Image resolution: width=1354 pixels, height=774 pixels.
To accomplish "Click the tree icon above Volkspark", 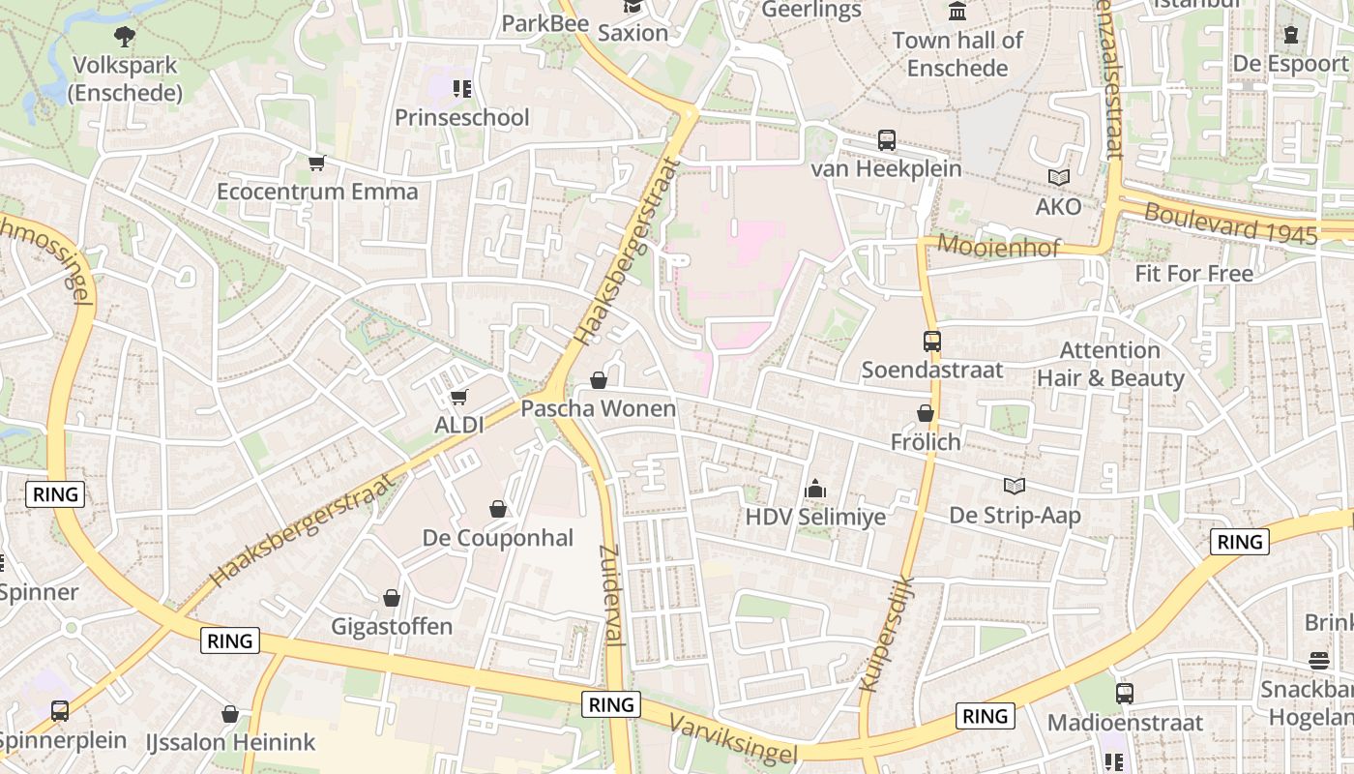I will pyautogui.click(x=124, y=37).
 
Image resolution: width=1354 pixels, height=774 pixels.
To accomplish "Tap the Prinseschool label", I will pyautogui.click(x=462, y=117).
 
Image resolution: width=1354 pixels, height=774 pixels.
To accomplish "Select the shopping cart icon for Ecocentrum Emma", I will pyautogui.click(x=316, y=163).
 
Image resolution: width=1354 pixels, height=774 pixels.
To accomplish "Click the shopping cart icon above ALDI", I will pyautogui.click(x=459, y=397).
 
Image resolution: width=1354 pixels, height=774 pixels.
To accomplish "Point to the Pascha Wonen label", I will pyautogui.click(x=598, y=408).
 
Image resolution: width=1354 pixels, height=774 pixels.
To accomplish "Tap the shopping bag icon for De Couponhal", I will pyautogui.click(x=498, y=509).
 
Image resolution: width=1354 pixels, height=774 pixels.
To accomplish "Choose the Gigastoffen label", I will pyautogui.click(x=392, y=626).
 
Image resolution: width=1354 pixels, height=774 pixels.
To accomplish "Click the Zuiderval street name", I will pyautogui.click(x=611, y=594).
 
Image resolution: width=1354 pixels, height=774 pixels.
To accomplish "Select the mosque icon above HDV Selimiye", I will pyautogui.click(x=815, y=489).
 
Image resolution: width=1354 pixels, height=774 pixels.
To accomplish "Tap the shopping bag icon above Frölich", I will pyautogui.click(x=926, y=413).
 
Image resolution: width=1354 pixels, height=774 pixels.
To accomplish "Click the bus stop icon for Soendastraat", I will pyautogui.click(x=931, y=341).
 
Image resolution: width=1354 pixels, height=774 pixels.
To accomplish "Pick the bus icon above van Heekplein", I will pyautogui.click(x=886, y=140).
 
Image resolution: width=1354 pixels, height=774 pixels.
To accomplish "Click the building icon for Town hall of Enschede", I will pyautogui.click(x=957, y=12).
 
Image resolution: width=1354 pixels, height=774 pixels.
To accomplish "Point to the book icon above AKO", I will pyautogui.click(x=1059, y=178).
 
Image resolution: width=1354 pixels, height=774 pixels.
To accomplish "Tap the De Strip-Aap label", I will pyautogui.click(x=1015, y=515).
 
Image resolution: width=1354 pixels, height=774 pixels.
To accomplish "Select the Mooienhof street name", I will pyautogui.click(x=998, y=247).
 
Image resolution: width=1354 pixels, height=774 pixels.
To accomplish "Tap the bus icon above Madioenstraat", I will pyautogui.click(x=1124, y=694).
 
